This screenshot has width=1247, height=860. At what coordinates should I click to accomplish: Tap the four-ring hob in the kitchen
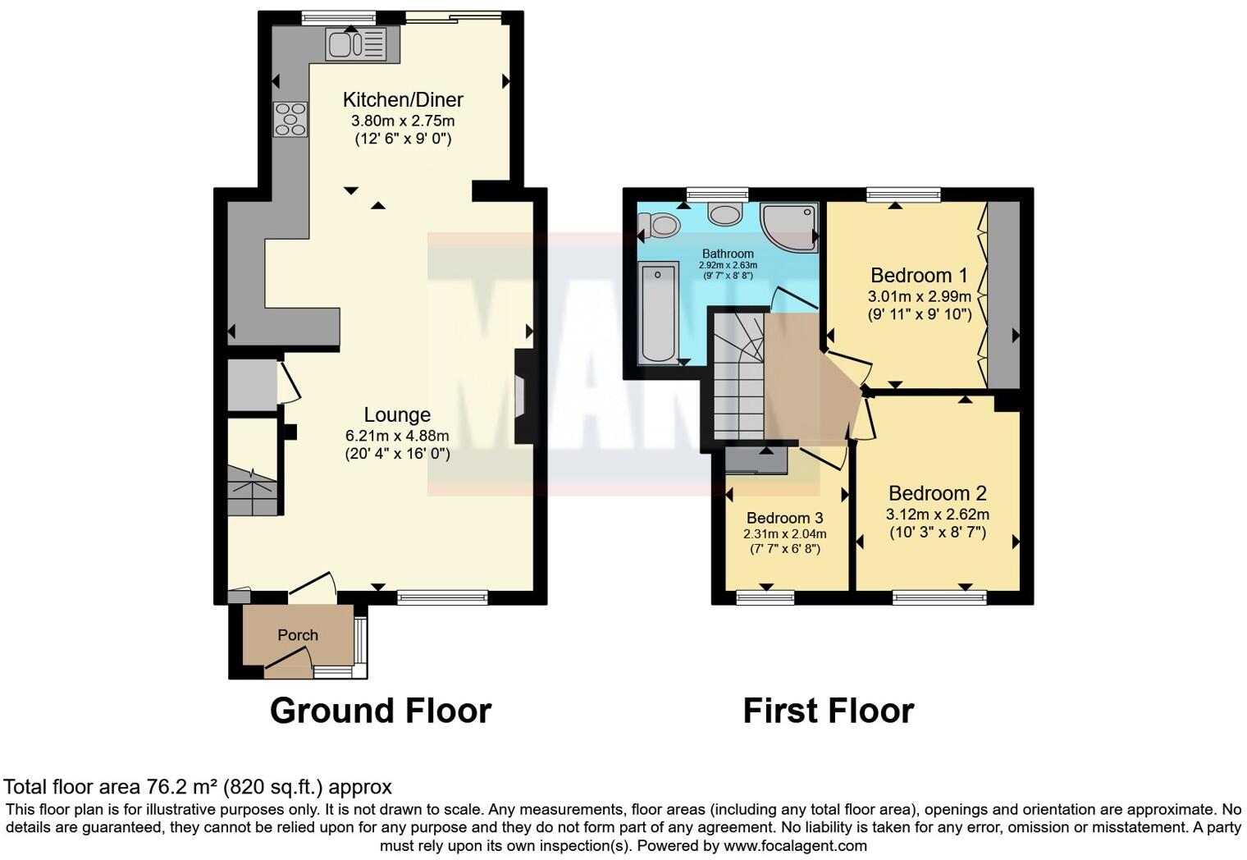pos(290,120)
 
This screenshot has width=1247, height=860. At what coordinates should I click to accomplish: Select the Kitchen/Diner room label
pos(403,100)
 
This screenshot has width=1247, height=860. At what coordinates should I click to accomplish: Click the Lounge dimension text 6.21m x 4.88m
pos(397,436)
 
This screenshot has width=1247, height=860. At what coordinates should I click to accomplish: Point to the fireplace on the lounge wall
pos(522,398)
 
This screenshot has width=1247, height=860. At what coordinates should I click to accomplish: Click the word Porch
pos(298,635)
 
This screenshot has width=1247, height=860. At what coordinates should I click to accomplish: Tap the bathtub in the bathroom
pos(658,313)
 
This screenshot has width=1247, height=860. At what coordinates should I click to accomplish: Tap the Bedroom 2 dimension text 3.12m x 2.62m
pos(937,515)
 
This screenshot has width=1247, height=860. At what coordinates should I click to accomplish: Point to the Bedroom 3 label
pos(784,518)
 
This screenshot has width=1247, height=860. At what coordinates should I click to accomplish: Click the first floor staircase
pos(736,377)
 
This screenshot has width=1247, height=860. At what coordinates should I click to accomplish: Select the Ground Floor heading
pos(381,711)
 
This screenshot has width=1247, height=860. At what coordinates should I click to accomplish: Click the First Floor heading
pos(828,711)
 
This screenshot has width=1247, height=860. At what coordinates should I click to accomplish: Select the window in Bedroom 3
pos(765,597)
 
